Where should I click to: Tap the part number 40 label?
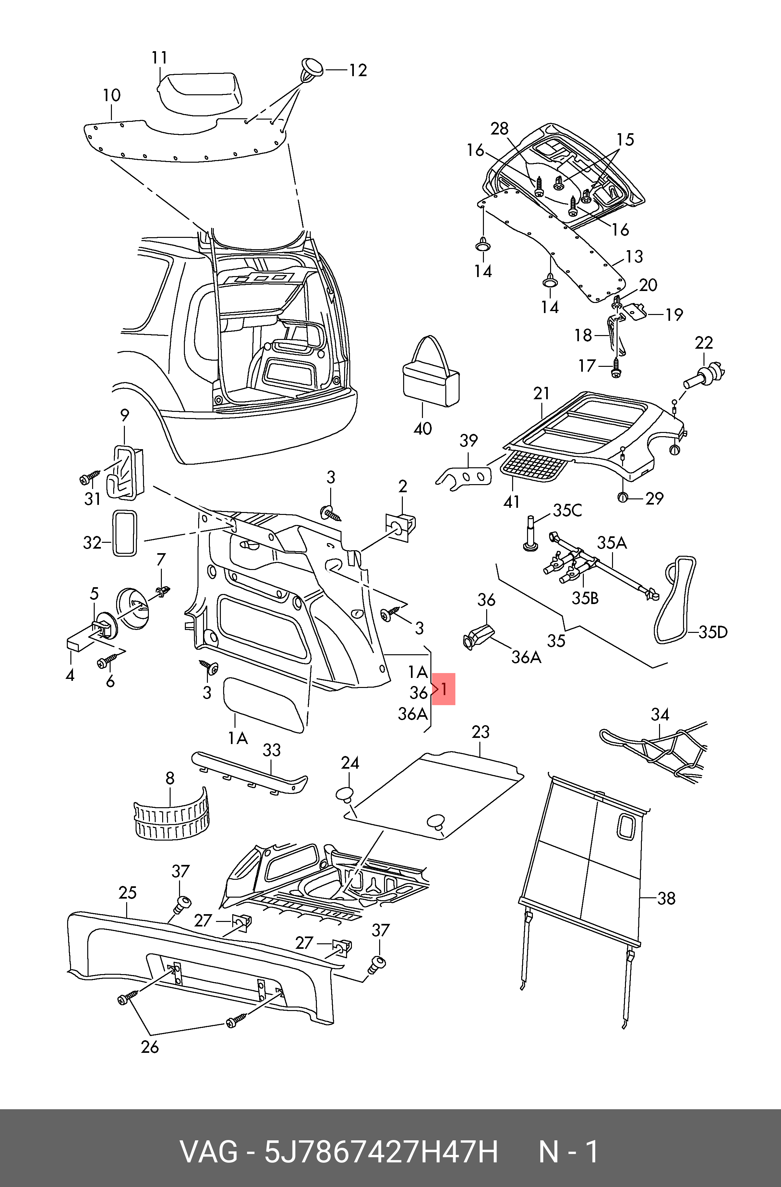(x=423, y=428)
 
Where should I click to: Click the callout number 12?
(x=358, y=70)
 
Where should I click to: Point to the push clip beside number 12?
(x=312, y=70)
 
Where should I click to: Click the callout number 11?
(x=159, y=58)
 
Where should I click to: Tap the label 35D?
(x=713, y=633)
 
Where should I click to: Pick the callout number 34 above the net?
(x=660, y=715)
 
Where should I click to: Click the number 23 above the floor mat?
(x=481, y=732)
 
